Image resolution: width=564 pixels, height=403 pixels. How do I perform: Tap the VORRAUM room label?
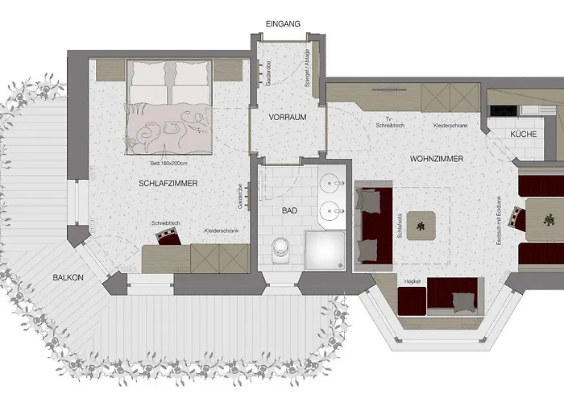(x=288, y=117)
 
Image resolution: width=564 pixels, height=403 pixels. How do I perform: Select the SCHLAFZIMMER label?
(x=168, y=184)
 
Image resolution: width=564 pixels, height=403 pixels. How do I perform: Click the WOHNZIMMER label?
(x=436, y=160)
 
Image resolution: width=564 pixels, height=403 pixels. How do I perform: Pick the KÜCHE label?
(x=524, y=134)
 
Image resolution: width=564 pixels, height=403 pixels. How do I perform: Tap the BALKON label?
(x=68, y=277)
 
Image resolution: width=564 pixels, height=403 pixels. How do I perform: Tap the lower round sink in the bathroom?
(x=330, y=213)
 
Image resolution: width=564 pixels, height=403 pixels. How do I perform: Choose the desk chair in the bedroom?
(x=168, y=235)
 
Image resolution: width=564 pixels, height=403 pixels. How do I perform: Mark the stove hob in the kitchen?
(x=504, y=110)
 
